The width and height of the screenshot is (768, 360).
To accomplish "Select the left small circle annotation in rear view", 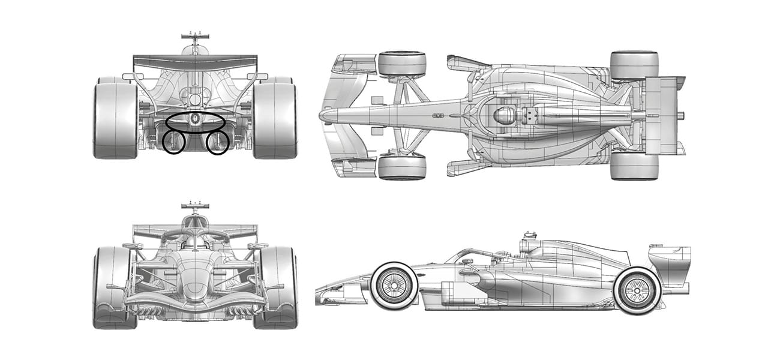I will point(173,142).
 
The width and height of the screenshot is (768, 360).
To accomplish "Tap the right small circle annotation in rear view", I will point(218,142).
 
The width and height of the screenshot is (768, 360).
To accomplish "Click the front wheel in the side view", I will point(394,286).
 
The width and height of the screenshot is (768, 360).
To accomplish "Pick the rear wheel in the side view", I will point(637,291).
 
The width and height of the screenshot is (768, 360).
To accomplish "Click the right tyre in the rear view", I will point(275,120).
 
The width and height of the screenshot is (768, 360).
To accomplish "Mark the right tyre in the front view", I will point(277,287).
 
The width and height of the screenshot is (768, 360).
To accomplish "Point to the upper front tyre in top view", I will point(402,64).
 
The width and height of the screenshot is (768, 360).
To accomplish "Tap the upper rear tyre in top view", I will point(634,65).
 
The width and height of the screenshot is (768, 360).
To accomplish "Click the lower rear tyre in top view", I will point(634,166).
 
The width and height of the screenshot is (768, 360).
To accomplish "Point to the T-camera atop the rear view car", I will point(196,37).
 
